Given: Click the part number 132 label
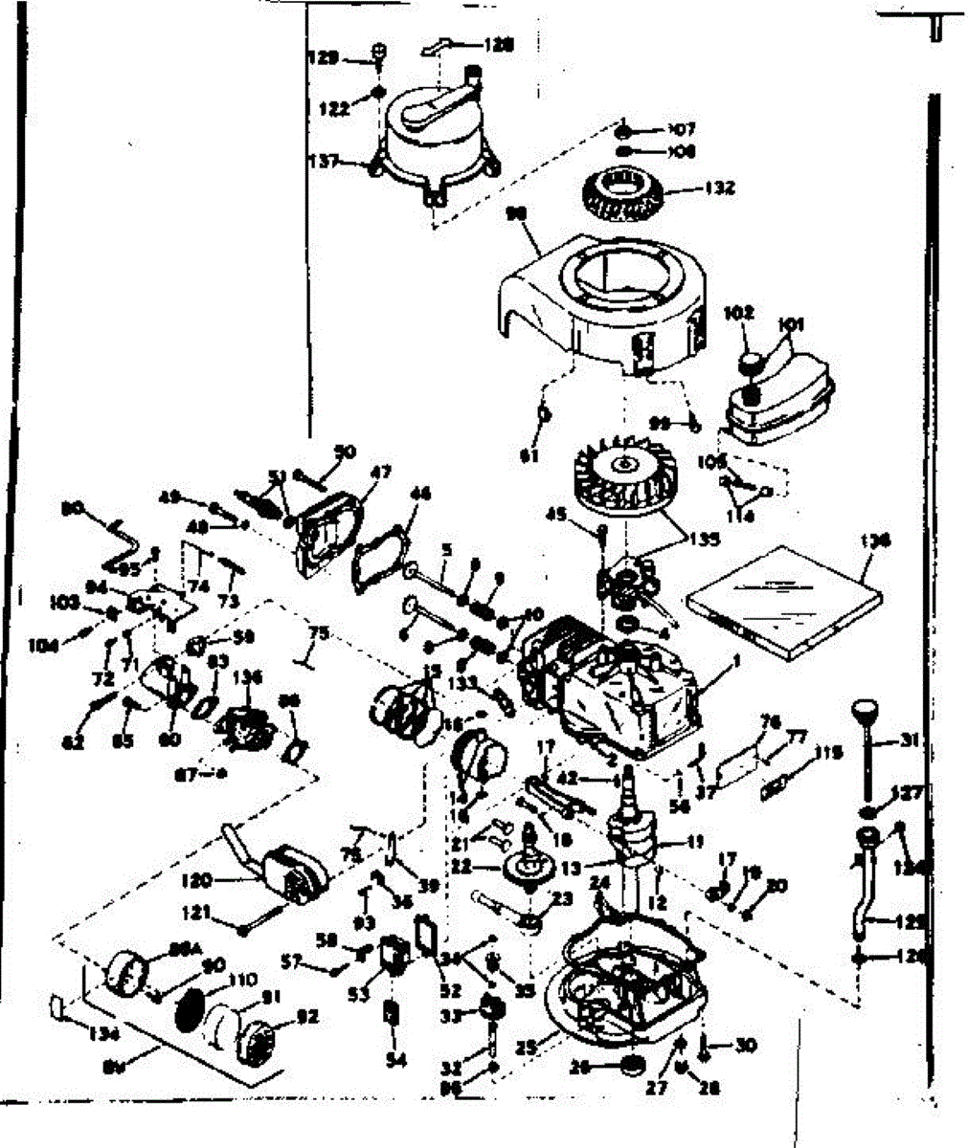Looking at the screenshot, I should click(719, 188).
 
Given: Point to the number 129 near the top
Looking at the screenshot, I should click(324, 59).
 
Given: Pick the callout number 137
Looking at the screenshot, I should click(326, 162).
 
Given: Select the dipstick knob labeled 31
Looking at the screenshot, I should click(865, 713).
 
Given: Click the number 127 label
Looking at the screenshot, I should click(905, 792).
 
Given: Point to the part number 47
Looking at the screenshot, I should click(381, 472).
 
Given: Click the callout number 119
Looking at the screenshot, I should click(828, 753).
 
